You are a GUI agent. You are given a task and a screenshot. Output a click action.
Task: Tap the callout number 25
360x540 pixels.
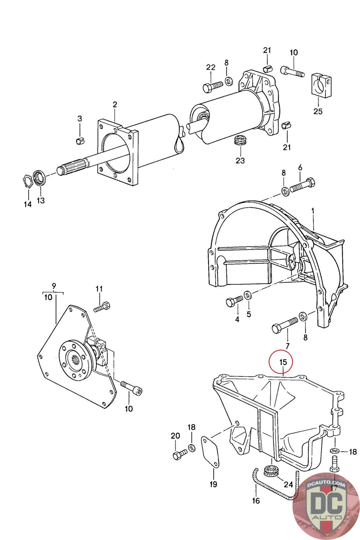pos(318,111)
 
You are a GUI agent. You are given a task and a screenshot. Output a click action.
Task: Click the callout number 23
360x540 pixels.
pos(240,160)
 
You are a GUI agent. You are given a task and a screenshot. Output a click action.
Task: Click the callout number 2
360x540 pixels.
pos(115,105)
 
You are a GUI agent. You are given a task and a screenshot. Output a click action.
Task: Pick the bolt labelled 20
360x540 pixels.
pos(178,455)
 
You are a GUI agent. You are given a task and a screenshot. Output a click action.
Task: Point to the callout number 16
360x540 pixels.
pos(256,501)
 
